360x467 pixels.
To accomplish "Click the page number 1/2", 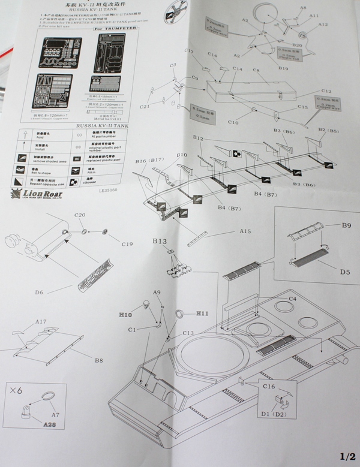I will [346, 456].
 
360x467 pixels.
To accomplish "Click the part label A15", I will [244, 231].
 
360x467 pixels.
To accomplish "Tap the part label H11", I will [202, 314].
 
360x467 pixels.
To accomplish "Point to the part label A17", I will [41, 322].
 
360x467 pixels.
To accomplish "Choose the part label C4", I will [292, 298].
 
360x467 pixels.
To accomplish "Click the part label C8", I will [256, 71].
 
